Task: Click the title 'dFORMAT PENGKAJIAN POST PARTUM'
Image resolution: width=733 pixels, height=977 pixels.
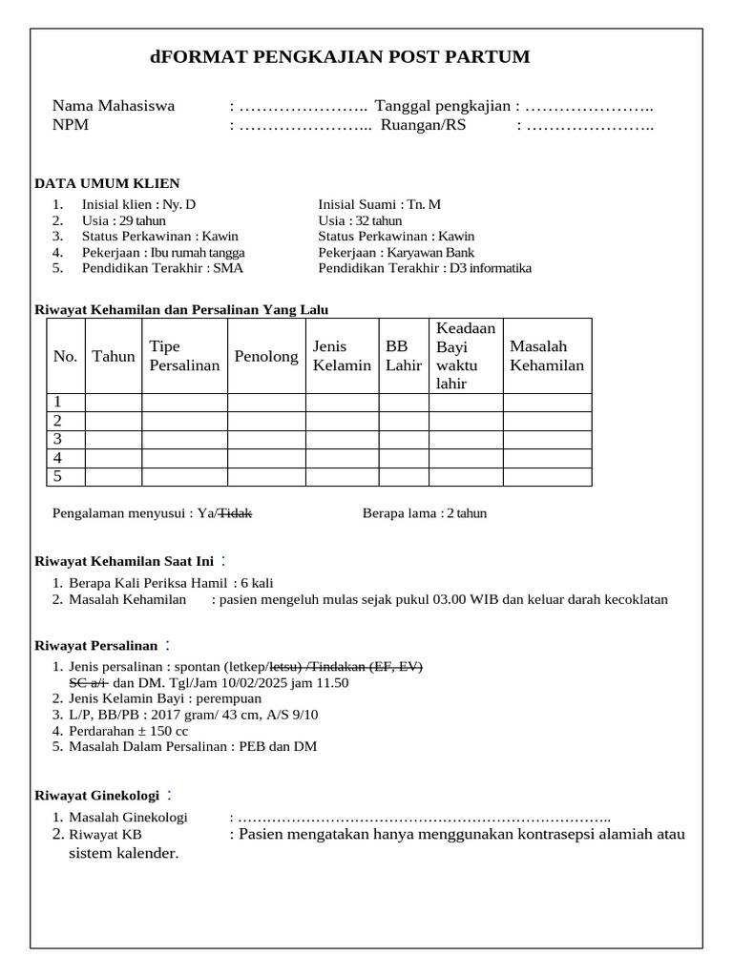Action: (339, 57)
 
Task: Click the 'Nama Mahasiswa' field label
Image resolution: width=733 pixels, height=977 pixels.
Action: (114, 106)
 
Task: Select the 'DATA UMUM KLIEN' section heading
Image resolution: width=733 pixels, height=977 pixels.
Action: (107, 183)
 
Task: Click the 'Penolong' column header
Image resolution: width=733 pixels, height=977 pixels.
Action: (265, 356)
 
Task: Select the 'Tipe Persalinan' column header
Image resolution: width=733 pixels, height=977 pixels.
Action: (184, 356)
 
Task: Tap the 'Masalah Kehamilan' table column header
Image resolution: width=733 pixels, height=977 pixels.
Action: (547, 356)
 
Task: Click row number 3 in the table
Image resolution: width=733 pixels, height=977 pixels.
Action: (58, 439)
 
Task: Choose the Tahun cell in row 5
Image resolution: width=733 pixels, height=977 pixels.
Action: (114, 476)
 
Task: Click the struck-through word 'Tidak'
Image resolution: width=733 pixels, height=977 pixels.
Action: (236, 513)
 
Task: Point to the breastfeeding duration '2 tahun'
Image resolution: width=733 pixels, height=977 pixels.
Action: (469, 513)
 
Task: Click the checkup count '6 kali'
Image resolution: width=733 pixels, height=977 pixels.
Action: (258, 583)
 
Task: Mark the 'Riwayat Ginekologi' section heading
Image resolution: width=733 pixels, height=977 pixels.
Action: (95, 795)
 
